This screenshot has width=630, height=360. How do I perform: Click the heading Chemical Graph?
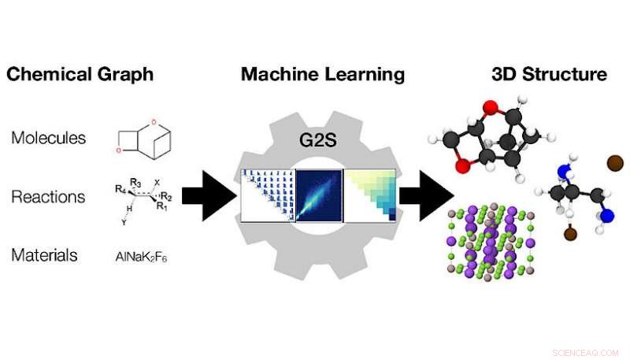point(80,75)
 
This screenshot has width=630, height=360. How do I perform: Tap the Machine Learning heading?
point(323,75)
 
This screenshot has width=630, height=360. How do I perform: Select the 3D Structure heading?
point(549,75)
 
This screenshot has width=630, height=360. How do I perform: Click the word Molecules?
point(49,138)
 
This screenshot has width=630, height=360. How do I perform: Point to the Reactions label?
point(49,196)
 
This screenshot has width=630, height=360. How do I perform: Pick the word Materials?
point(44,254)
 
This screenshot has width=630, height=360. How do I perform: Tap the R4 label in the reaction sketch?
point(118,189)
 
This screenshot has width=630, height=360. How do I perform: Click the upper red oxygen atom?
point(490,106)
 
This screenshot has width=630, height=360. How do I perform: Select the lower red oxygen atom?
point(462,165)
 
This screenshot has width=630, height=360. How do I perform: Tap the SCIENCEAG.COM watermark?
point(586,352)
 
